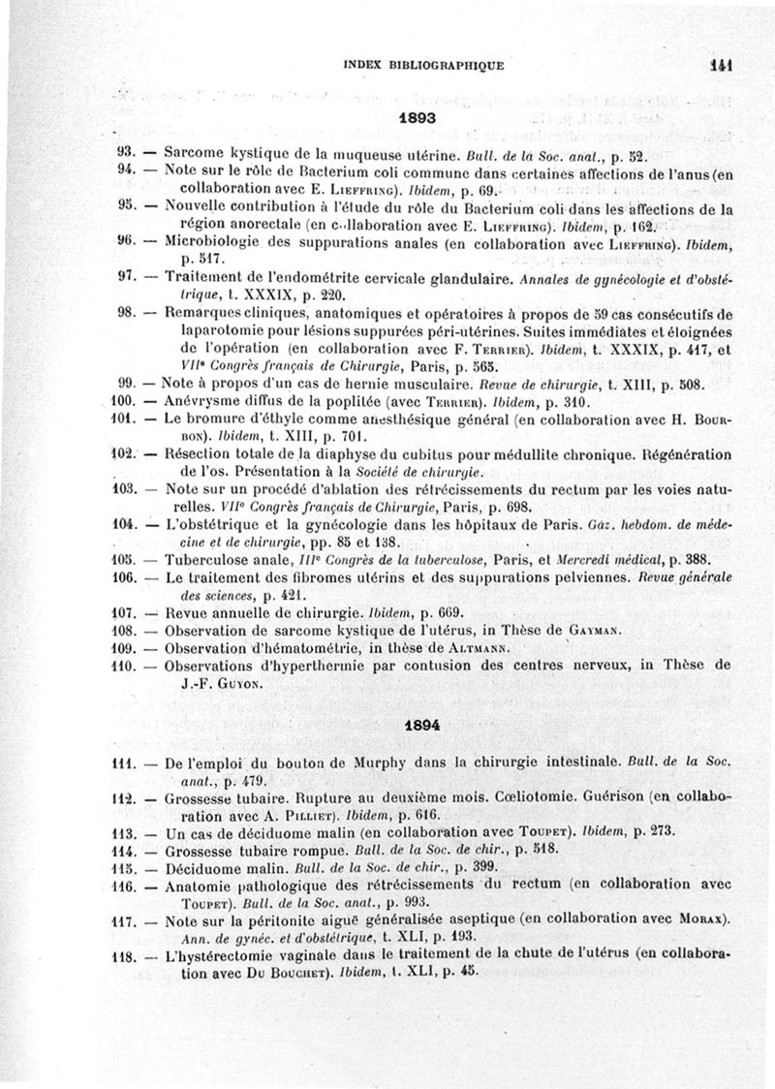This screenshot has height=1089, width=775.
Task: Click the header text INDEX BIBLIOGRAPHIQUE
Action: click(423, 67)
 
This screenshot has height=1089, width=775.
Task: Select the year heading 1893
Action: click(417, 118)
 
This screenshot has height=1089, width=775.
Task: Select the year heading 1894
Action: click(417, 724)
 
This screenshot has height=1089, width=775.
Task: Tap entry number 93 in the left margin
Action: click(123, 153)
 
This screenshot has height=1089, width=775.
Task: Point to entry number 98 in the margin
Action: click(123, 313)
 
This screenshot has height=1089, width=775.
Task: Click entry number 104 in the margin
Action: click(121, 523)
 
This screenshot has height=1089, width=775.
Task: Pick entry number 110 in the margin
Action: click(121, 668)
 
